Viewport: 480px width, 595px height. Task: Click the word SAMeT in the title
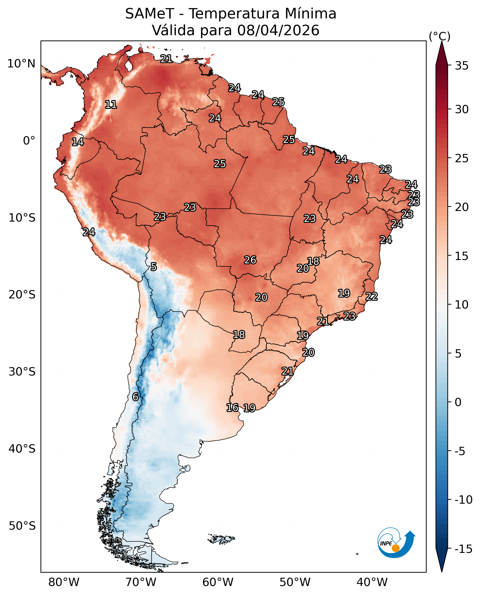click(150, 14)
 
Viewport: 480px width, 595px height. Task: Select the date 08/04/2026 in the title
click(278, 30)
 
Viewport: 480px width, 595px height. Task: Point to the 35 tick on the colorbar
click(462, 66)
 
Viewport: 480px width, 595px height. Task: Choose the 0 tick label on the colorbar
click(458, 402)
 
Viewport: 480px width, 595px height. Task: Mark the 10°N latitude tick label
click(21, 64)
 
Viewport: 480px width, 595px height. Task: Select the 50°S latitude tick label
click(22, 526)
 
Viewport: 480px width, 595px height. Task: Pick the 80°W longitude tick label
click(64, 582)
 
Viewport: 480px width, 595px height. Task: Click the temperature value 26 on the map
click(250, 260)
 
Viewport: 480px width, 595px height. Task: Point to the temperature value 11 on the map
click(111, 104)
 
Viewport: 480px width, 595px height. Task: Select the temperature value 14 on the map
click(78, 142)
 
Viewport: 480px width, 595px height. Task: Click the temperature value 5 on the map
click(154, 267)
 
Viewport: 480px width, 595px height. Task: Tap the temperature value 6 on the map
click(135, 397)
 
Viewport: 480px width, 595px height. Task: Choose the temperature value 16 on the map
click(232, 408)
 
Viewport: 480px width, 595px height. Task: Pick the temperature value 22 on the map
click(372, 297)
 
